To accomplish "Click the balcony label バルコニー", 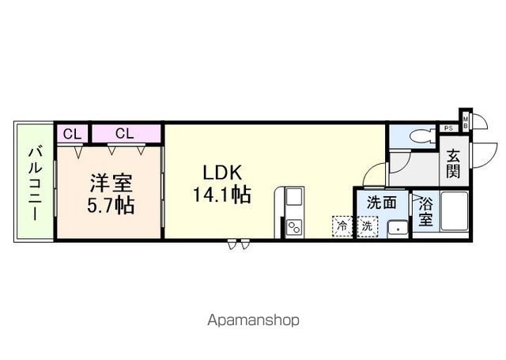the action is point(35,184).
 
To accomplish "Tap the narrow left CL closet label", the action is point(72,134).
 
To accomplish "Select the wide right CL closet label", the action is point(125,133).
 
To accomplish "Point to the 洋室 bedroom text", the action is point(111,183).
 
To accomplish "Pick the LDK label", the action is point(222,172).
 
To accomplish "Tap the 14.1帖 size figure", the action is point(222,195).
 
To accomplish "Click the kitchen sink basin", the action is point(294,197).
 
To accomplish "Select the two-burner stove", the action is point(294,228).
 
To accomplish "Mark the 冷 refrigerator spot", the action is point(342,226).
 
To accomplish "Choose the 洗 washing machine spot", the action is point(367,226).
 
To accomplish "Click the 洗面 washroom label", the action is point(382,203).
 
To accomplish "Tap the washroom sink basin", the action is point(398,229).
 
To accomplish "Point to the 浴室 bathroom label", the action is point(425,211).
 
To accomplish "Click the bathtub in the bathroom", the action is point(455,212).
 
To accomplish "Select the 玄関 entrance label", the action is point(453,165).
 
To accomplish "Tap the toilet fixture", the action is point(421,136).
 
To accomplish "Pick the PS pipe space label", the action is point(448,128).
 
